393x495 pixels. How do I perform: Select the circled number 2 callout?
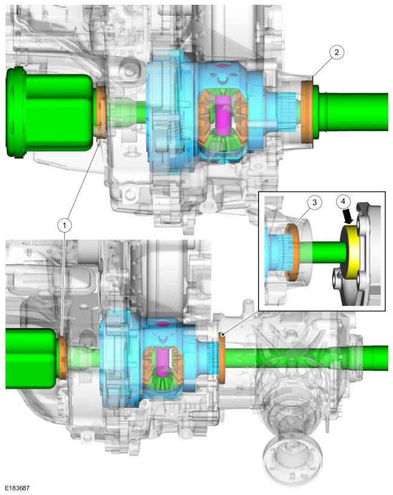[337, 52]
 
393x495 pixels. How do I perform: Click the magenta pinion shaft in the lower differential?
[162, 368]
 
